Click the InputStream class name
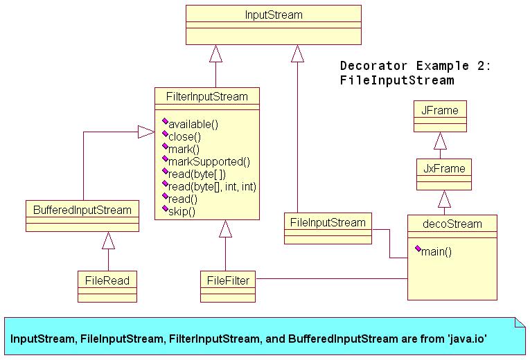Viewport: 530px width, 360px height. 274,15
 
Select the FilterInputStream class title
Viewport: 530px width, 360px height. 207,97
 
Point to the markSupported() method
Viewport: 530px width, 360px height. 209,162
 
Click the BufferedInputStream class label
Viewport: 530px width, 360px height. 82,208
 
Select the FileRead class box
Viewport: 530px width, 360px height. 107,286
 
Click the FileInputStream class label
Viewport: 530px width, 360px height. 327,223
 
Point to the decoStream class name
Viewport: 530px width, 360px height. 452,224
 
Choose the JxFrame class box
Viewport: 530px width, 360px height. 443,174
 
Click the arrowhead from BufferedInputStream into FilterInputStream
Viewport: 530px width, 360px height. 145,132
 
